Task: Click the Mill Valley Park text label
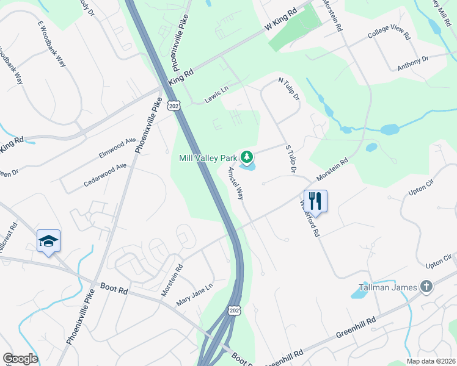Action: tap(208, 158)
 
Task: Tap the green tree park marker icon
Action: tap(247, 158)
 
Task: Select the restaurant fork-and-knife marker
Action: tap(315, 200)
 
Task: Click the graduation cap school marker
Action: tap(48, 241)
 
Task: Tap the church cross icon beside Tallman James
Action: tap(426, 287)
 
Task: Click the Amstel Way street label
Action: tap(236, 184)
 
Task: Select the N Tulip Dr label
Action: tap(289, 89)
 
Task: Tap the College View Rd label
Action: tap(389, 33)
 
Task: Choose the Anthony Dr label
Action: tap(414, 60)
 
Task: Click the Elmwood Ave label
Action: tap(117, 148)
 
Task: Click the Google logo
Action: tap(20, 359)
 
